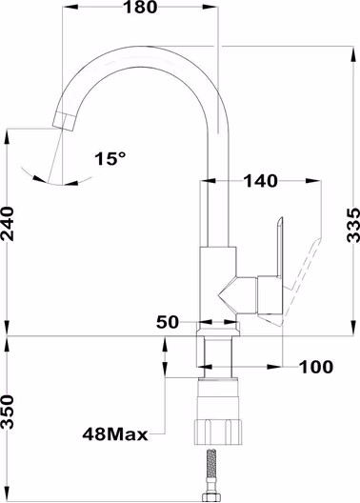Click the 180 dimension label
[140, 7]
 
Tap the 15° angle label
[110, 158]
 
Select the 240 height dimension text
[8, 224]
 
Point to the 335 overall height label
[353, 225]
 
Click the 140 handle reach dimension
[261, 181]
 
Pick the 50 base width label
[167, 322]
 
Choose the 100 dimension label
[316, 367]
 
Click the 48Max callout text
[115, 434]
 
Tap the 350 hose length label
[8, 412]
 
